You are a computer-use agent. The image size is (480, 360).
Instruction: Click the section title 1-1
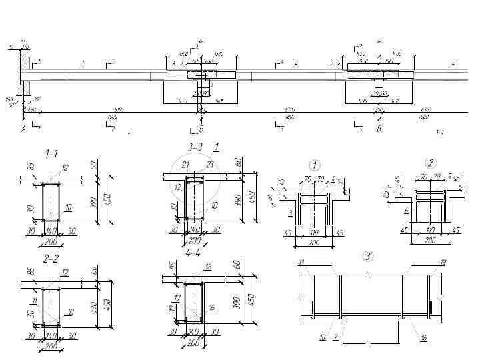click(x=51, y=153)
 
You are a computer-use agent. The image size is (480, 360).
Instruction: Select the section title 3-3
click(x=195, y=146)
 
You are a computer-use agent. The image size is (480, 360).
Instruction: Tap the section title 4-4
click(x=194, y=254)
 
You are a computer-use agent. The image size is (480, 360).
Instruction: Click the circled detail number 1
click(x=314, y=164)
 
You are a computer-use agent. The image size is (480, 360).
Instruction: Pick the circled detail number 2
click(x=431, y=163)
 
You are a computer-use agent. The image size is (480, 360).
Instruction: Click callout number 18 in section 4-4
click(x=207, y=267)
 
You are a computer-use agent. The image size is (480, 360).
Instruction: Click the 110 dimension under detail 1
click(x=314, y=233)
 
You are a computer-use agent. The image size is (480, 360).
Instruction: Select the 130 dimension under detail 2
click(x=431, y=231)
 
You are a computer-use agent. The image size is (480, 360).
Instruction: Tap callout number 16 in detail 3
click(x=423, y=339)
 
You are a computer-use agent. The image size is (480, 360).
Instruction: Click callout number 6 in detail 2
click(x=406, y=211)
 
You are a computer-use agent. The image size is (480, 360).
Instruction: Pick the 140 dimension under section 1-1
click(x=51, y=231)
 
